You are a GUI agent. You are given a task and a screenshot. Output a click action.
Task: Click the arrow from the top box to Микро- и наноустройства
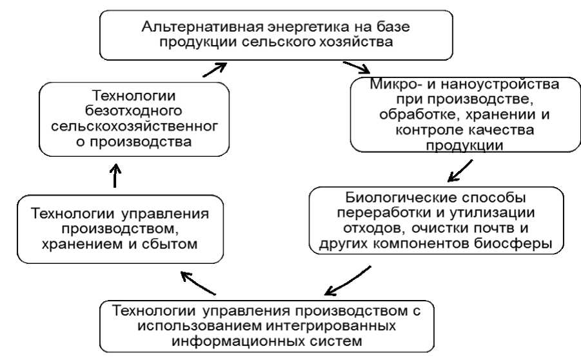[357, 67]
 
